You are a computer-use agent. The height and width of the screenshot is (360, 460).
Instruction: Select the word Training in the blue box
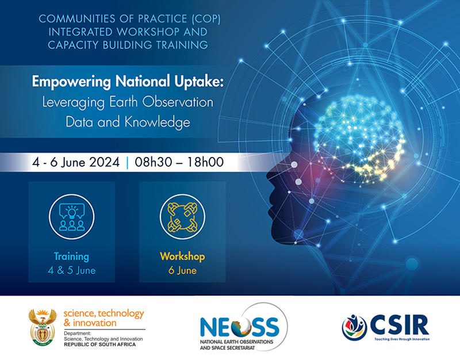(71, 256)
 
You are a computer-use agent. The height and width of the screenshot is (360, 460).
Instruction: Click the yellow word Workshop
(183, 256)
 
